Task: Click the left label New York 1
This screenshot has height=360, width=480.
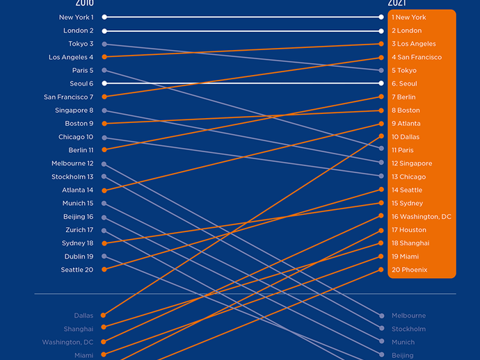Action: pyautogui.click(x=77, y=17)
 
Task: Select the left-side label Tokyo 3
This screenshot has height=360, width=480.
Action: pyautogui.click(x=81, y=44)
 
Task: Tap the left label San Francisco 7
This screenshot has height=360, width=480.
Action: pyautogui.click(x=68, y=97)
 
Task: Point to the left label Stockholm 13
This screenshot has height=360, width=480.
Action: pyautogui.click(x=72, y=177)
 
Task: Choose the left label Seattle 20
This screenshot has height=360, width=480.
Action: pyautogui.click(x=77, y=270)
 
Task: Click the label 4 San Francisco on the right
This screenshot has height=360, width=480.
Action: pyautogui.click(x=416, y=57)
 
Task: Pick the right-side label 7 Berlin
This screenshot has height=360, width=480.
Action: pyautogui.click(x=403, y=97)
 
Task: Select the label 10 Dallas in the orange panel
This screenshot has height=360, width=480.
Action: pyautogui.click(x=405, y=137)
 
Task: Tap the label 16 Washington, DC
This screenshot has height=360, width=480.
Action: pyautogui.click(x=421, y=217)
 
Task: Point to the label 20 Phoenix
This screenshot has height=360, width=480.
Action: pyautogui.click(x=409, y=270)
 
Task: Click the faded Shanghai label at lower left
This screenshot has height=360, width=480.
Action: pyautogui.click(x=79, y=329)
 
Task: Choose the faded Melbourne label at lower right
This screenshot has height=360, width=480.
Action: pyautogui.click(x=408, y=316)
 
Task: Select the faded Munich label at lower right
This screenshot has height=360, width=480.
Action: pyautogui.click(x=403, y=342)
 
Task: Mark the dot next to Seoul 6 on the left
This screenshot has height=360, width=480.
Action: pyautogui.click(x=104, y=83)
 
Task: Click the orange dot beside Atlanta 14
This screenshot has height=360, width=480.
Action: pyautogui.click(x=104, y=190)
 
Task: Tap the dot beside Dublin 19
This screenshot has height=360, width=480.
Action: pyautogui.click(x=104, y=256)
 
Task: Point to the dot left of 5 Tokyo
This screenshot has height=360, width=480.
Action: pyautogui.click(x=381, y=70)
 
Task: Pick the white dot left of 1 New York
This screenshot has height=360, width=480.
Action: pyautogui.click(x=381, y=17)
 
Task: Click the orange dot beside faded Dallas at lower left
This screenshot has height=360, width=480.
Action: pyautogui.click(x=104, y=316)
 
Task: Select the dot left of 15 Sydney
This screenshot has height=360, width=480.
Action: pyautogui.click(x=381, y=203)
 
